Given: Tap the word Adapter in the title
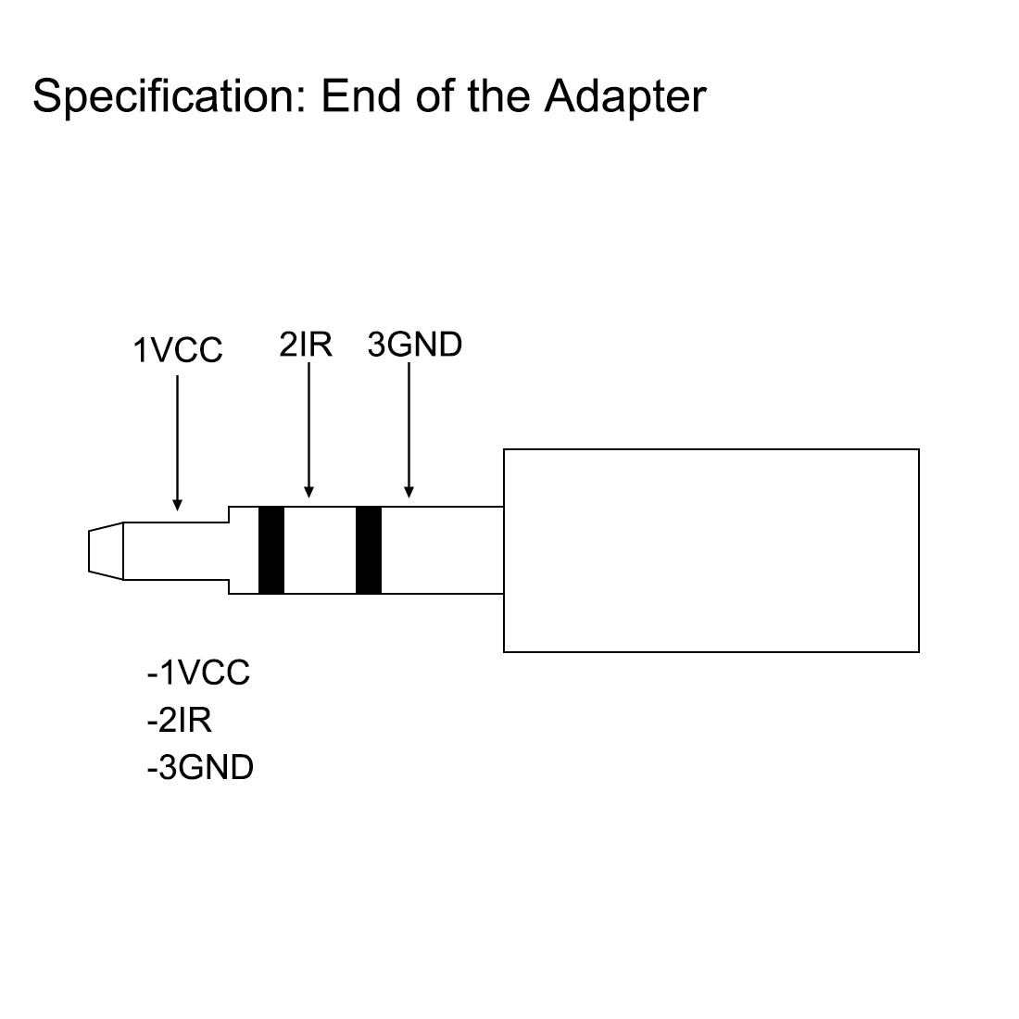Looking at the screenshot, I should [625, 96].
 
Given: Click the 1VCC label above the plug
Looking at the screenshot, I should [178, 351].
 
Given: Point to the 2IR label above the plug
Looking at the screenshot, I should [306, 345].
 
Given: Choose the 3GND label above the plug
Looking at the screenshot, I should [414, 345].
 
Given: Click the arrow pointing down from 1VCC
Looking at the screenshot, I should [177, 435].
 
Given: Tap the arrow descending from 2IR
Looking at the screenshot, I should [309, 426].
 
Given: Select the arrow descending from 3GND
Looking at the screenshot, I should [409, 426].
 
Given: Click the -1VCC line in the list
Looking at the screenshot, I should [198, 673].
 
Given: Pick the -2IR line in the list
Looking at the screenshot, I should [179, 720].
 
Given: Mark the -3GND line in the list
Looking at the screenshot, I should [200, 767].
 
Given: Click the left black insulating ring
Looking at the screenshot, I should [271, 549].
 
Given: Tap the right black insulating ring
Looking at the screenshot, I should [369, 549].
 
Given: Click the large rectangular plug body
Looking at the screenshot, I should [711, 550].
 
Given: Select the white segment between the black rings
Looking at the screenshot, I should [320, 549].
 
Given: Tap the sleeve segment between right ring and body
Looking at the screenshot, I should [442, 549].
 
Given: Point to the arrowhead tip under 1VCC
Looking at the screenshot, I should [177, 507].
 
